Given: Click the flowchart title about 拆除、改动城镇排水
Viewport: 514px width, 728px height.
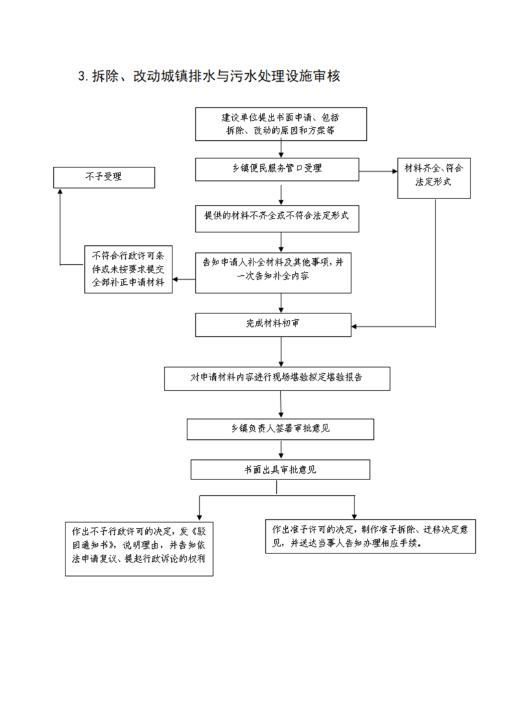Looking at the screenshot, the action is [209, 76].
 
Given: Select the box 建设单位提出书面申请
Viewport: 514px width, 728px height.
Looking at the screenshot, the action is [281, 124].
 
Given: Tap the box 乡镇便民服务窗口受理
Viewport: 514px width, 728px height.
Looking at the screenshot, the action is [277, 169].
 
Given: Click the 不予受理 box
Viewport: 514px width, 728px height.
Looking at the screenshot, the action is [104, 177].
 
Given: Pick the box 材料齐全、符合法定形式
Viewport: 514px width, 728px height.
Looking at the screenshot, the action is [434, 178].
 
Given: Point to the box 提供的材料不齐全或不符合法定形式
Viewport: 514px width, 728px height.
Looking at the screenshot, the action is [277, 219].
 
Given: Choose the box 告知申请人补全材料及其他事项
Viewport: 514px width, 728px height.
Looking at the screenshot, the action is [274, 273].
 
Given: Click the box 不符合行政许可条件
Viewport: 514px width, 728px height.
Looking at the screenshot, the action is [128, 269].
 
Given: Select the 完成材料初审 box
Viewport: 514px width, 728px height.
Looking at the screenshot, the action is [274, 324].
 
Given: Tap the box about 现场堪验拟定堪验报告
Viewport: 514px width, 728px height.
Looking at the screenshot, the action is [277, 378].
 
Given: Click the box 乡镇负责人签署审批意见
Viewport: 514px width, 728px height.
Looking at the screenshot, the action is [280, 429].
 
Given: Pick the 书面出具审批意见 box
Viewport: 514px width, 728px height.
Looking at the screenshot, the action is [280, 469].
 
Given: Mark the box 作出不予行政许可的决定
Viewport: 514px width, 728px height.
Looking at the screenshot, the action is [139, 548].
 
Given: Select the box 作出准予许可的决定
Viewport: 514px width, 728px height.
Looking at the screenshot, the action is [370, 536].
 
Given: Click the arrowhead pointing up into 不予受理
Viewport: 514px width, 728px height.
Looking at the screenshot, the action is [60, 191].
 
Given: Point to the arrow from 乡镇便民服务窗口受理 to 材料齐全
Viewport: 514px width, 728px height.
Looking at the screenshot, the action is [378, 171].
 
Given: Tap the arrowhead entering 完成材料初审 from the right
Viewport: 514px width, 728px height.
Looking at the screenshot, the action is [354, 326].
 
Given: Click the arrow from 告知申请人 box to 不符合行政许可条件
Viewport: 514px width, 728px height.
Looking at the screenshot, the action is [183, 280].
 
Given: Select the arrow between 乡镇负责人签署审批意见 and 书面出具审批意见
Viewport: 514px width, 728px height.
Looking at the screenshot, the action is [281, 450].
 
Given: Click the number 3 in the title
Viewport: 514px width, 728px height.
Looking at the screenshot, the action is [82, 76].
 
